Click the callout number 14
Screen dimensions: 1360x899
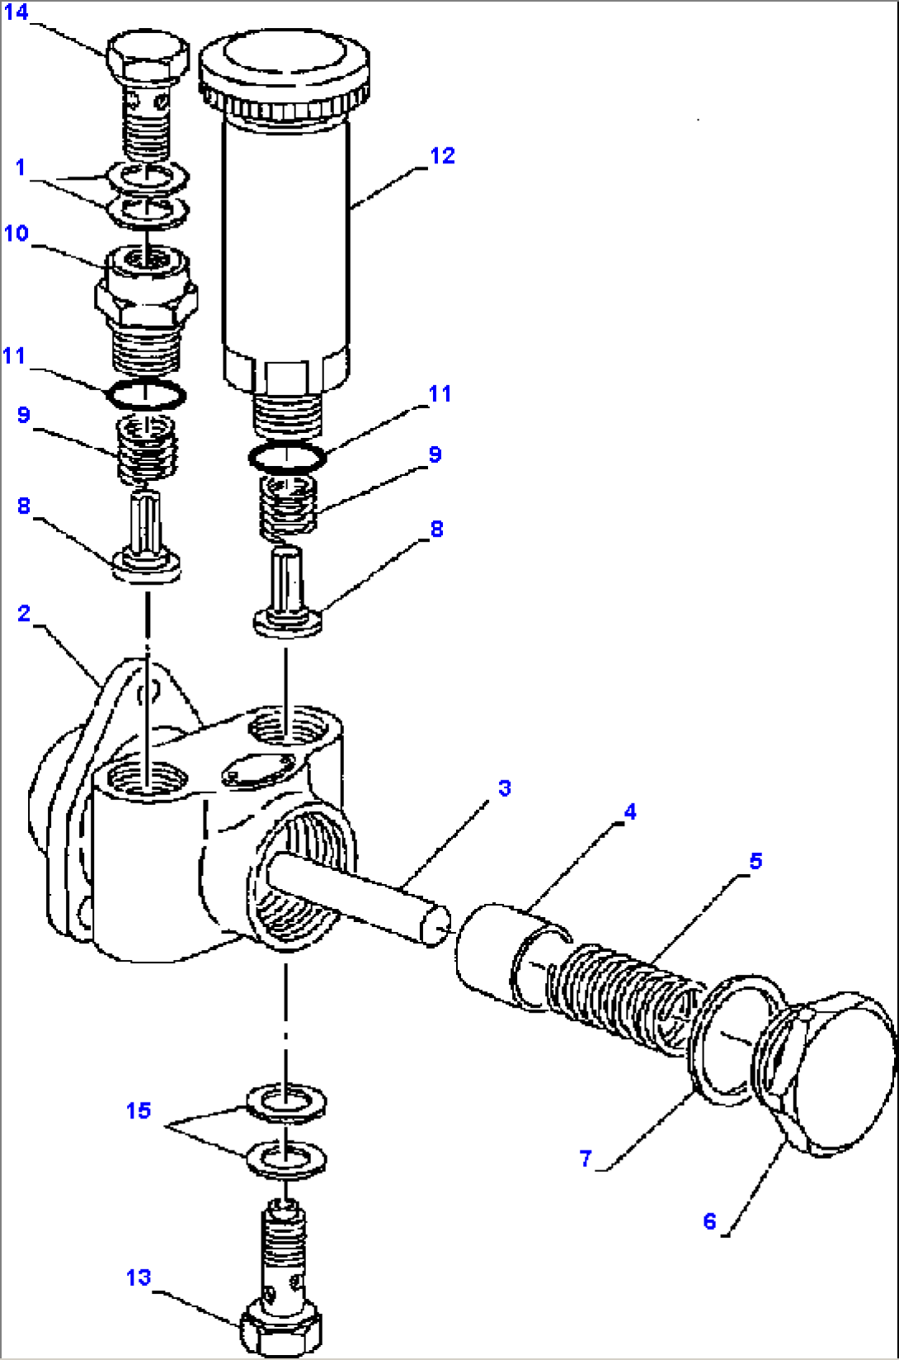click(16, 12)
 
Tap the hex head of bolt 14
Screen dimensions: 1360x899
click(148, 56)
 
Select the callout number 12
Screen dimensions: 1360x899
click(442, 155)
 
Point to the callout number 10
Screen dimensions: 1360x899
click(16, 233)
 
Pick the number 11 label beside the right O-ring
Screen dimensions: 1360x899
click(440, 393)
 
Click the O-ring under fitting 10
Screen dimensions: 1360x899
click(146, 395)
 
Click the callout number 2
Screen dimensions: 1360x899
click(24, 613)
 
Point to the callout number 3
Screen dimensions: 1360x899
click(504, 788)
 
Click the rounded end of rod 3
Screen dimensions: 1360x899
click(435, 924)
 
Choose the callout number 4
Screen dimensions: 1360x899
click(629, 812)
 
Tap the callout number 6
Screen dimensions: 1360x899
click(709, 1221)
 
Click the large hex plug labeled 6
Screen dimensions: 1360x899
click(833, 1072)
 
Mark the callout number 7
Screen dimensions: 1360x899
click(586, 1158)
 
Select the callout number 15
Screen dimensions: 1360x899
click(139, 1110)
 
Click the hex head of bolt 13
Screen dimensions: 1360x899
click(280, 1329)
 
